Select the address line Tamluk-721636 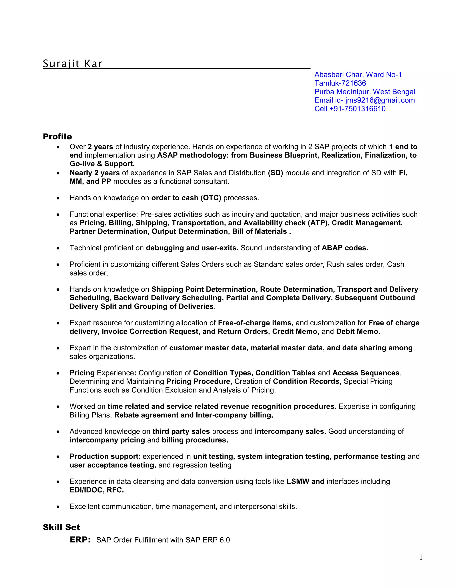(x=340, y=83)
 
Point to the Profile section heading (x=57, y=136)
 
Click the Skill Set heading (x=62, y=527)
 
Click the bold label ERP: (x=80, y=540)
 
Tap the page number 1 (x=421, y=557)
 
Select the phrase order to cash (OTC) (x=186, y=198)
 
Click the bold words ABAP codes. (x=345, y=248)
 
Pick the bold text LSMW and (x=305, y=481)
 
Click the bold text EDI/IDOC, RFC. (x=96, y=490)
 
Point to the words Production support (x=104, y=456)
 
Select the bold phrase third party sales (x=181, y=431)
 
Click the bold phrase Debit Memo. (x=358, y=331)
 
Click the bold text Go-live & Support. (x=102, y=164)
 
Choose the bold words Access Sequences (x=365, y=373)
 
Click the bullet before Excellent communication (x=58, y=507)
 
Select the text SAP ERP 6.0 (x=208, y=540)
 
